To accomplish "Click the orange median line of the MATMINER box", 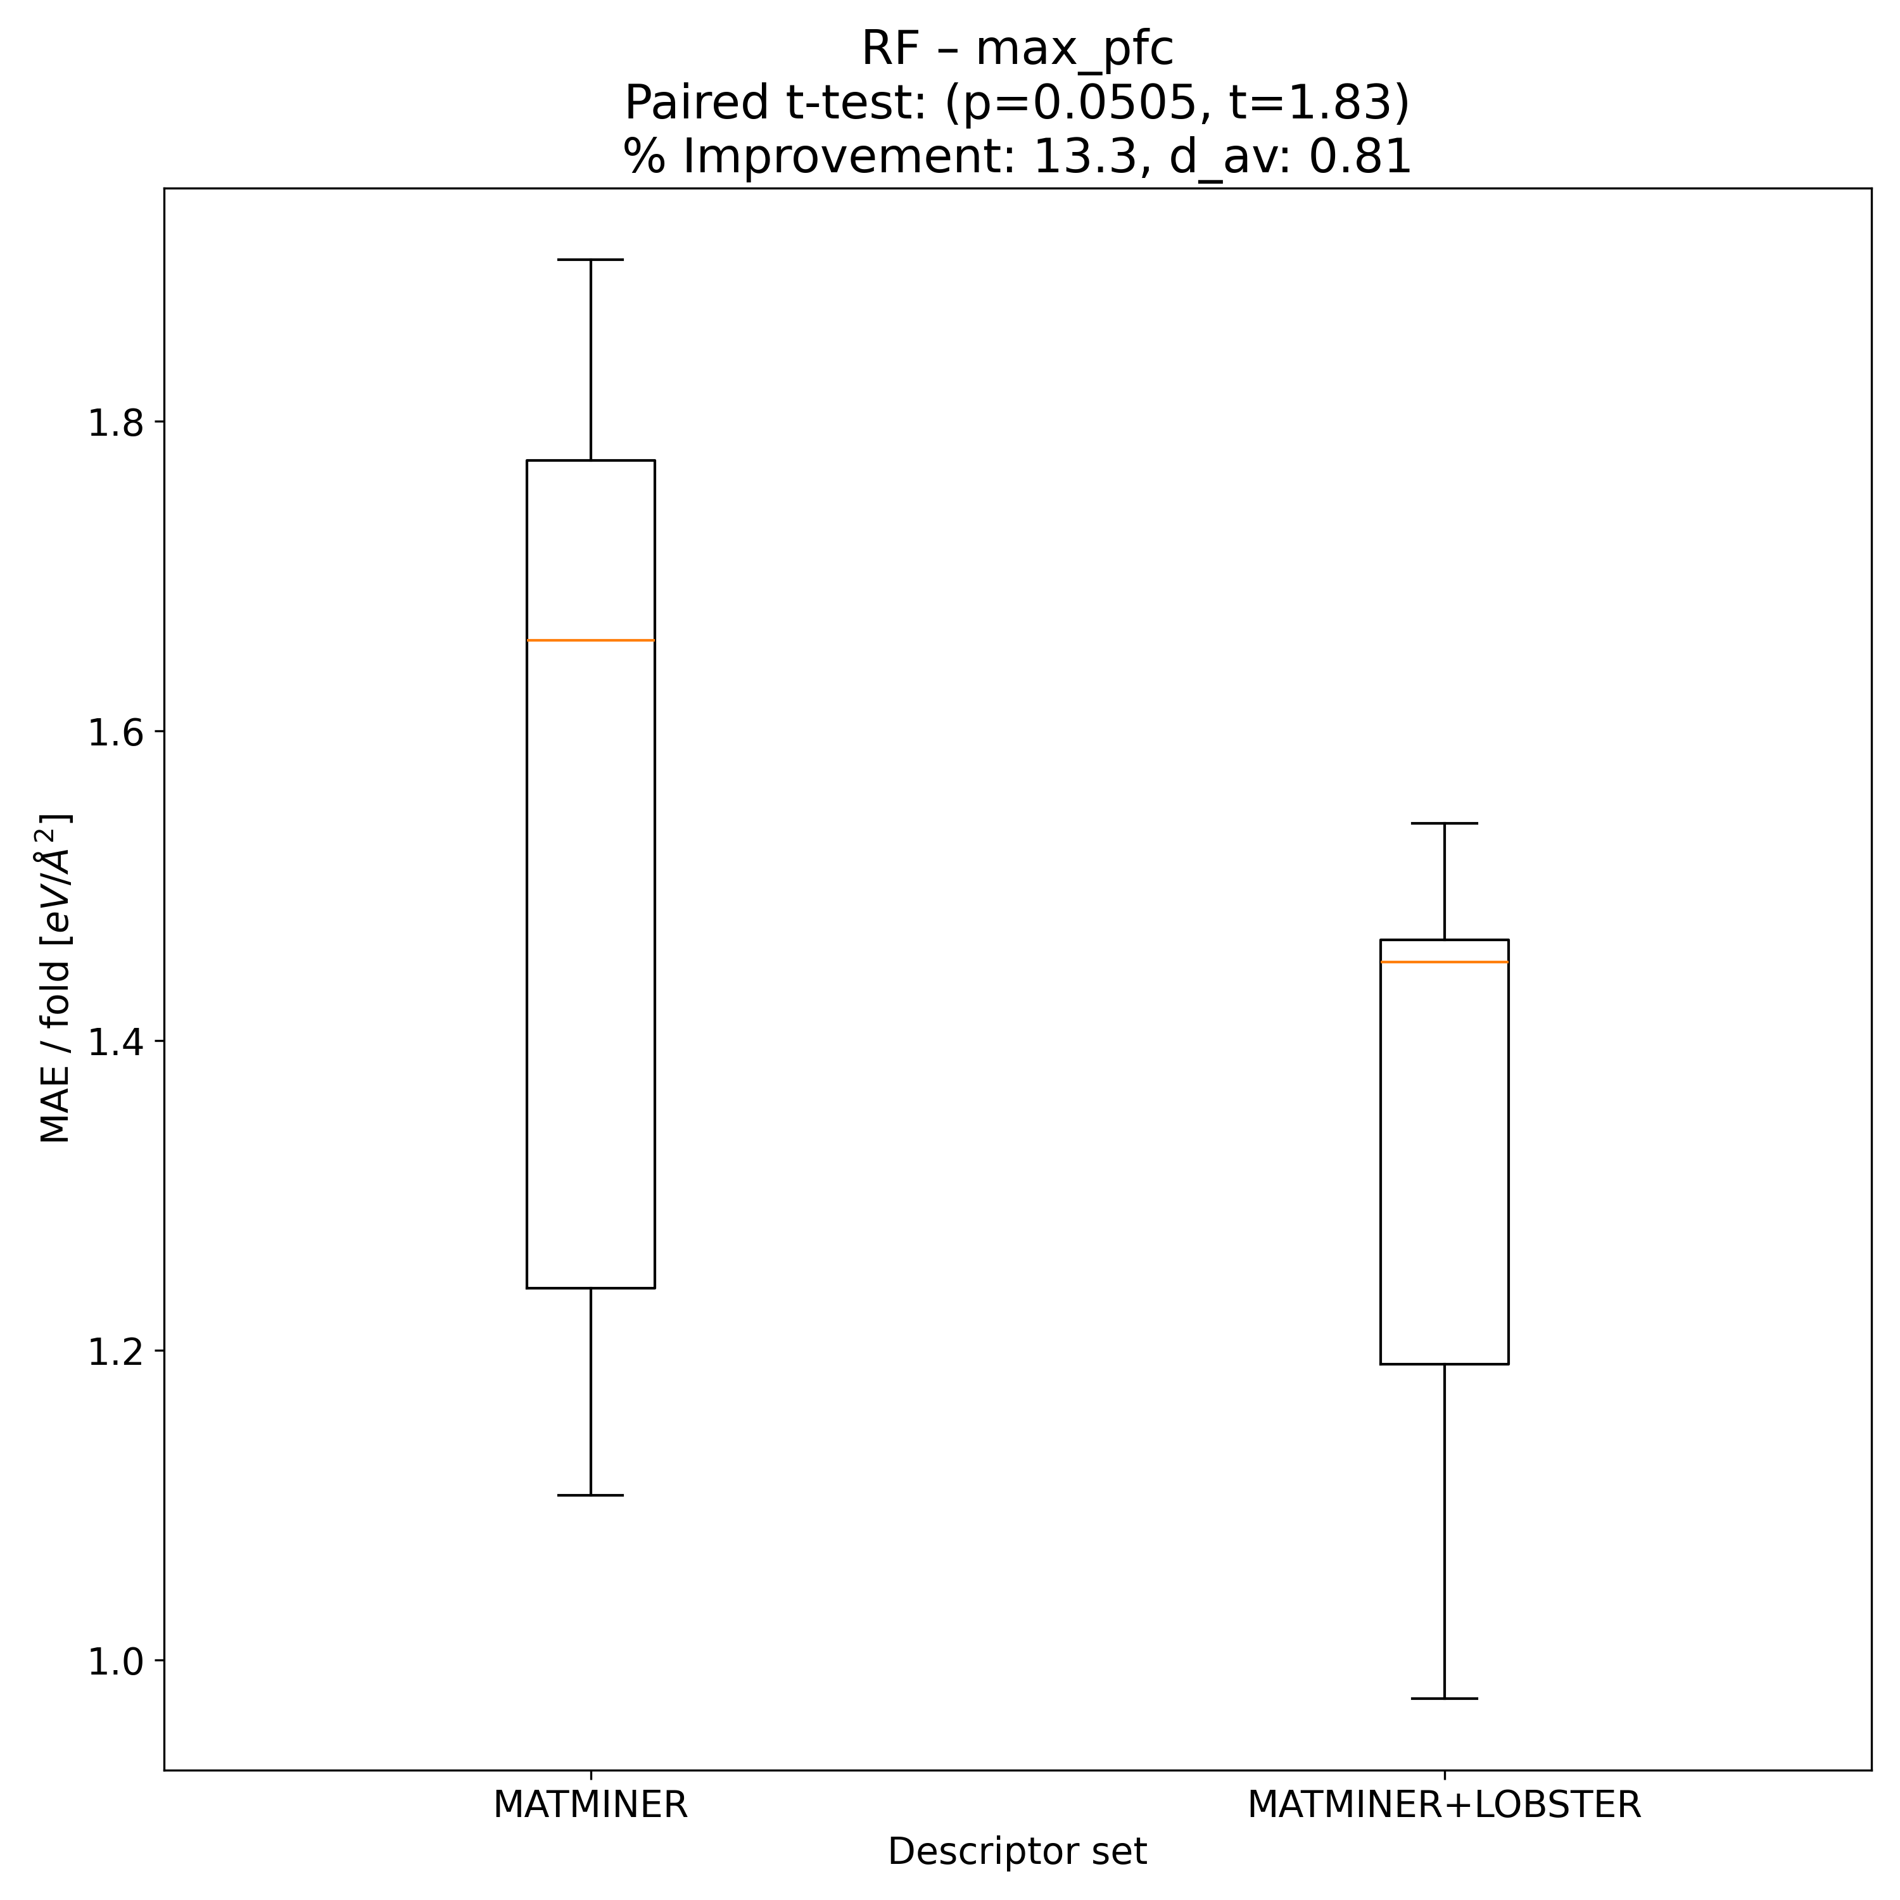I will click(x=590, y=640).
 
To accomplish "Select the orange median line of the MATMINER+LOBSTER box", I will click(x=1444, y=962).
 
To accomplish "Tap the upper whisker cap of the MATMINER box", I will click(x=590, y=260).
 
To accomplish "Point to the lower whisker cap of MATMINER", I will click(x=590, y=1495).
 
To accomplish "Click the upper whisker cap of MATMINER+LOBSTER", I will click(x=1444, y=823).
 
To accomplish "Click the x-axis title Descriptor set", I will click(x=1017, y=1852).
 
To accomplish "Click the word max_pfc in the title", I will click(x=1075, y=49).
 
